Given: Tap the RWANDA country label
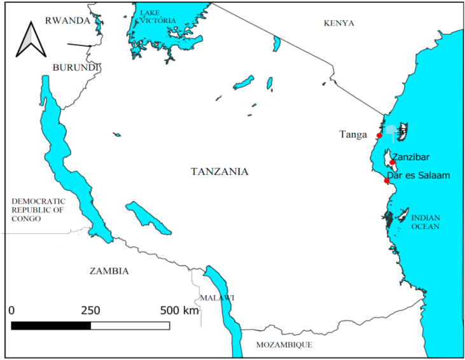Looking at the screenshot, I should (67, 20).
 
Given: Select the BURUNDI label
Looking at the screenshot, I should (76, 67).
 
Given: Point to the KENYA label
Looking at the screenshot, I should (339, 23).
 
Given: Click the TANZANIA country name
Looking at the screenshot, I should (219, 171).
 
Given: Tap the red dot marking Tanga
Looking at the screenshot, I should (379, 135).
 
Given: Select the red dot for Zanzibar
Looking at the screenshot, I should (392, 162).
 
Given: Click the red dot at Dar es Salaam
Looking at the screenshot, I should (387, 181).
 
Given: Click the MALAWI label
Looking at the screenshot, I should (217, 298).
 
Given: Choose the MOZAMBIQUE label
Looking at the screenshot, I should (284, 345).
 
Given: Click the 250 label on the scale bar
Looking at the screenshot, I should (90, 310).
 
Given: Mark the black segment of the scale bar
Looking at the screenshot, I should (51, 326).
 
